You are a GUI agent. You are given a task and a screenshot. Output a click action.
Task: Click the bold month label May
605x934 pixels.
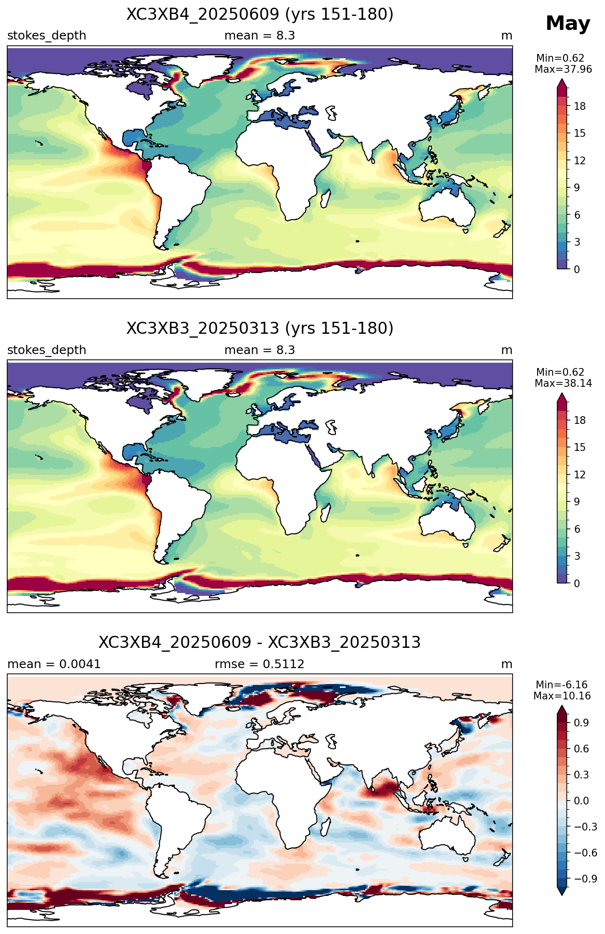click(568, 24)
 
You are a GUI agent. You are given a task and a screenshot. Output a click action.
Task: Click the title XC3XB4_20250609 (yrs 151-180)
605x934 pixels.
click(260, 14)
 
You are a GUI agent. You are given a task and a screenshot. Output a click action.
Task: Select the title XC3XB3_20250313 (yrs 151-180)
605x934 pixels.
click(260, 329)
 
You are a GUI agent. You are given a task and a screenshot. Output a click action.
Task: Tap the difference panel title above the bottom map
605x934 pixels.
click(260, 643)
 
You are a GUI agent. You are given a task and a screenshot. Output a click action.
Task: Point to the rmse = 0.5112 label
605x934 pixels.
click(259, 664)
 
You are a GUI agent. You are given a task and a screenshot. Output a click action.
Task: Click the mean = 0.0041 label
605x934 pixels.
click(54, 664)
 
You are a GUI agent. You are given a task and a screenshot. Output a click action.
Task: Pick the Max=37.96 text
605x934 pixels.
click(563, 69)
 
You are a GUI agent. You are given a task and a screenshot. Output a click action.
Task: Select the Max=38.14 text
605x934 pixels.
click(563, 383)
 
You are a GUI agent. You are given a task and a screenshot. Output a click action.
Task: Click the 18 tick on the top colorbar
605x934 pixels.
click(580, 106)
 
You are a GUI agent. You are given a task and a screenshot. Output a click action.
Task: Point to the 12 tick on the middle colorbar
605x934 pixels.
click(580, 475)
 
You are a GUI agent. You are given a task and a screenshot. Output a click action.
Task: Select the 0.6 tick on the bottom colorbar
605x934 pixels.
click(581, 749)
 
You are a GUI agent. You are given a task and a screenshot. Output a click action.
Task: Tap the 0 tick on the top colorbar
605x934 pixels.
click(577, 269)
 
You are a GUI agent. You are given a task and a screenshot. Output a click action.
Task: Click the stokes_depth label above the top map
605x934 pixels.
click(47, 36)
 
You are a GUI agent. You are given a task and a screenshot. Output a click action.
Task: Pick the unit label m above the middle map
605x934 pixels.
click(507, 350)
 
